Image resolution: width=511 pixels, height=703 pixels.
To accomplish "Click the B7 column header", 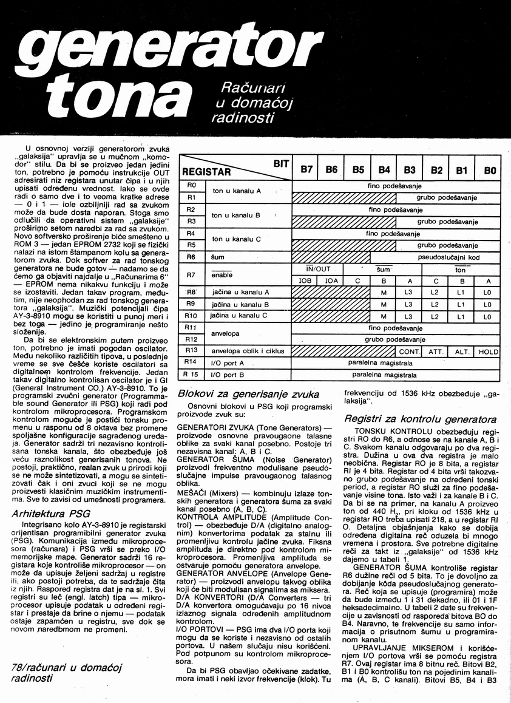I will (x=306, y=170).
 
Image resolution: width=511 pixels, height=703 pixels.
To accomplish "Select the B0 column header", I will (x=490, y=171).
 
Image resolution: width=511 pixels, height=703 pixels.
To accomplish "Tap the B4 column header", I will (x=384, y=170).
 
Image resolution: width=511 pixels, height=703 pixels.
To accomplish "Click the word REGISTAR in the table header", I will (x=208, y=172).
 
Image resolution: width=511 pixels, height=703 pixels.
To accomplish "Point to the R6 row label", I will (x=191, y=257).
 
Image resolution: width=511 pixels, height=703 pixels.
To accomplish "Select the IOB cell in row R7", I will (x=306, y=280).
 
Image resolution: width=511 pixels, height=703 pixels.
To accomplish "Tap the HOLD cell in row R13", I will (x=488, y=351).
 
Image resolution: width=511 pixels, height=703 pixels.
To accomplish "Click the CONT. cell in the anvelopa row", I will (x=410, y=351).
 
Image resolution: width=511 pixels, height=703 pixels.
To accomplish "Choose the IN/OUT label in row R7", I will (x=318, y=268).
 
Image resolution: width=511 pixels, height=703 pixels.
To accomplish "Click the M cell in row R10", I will (x=384, y=316).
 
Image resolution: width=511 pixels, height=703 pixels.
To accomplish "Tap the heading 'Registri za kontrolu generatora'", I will (x=420, y=418).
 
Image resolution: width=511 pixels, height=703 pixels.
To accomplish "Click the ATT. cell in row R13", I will (x=436, y=351).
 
